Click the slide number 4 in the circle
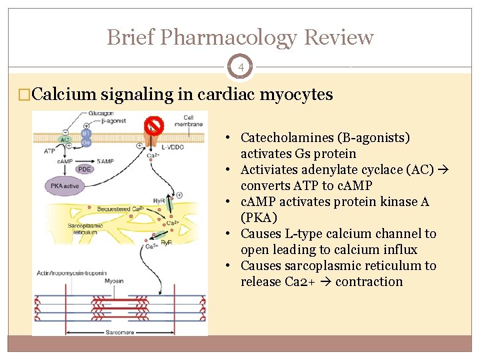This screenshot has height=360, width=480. point(240,67)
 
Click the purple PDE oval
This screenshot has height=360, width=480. point(84,169)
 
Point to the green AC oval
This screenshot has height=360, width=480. point(65,140)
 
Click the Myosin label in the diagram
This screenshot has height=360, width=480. point(113,281)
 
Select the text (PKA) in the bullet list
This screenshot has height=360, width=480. point(258,218)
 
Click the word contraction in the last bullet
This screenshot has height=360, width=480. point(369,282)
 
